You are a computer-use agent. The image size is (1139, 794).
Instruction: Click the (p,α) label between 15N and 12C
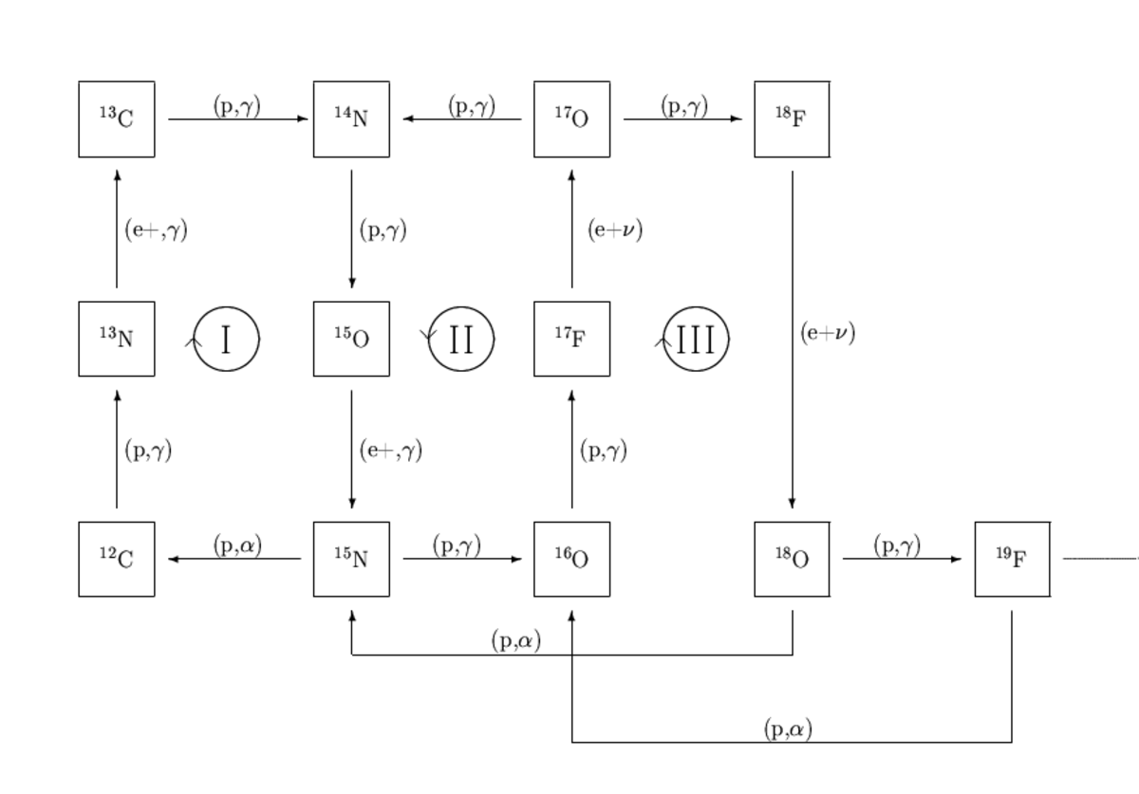pos(237,546)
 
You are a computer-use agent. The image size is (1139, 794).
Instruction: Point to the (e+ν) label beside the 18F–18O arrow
pos(828,333)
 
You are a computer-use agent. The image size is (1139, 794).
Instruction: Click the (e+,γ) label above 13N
pos(156,231)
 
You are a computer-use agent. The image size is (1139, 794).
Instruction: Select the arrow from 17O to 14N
pos(462,119)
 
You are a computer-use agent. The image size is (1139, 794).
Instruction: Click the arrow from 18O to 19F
pos(902,559)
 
